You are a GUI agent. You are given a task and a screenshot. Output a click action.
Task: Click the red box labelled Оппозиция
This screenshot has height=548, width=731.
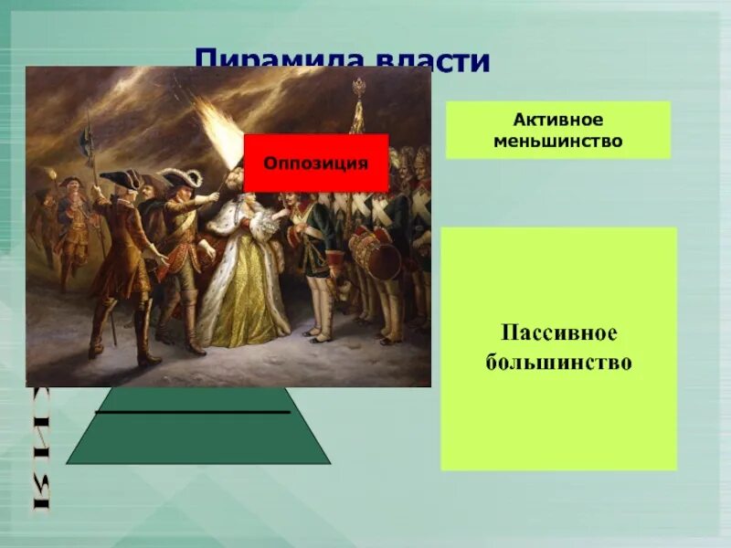click(x=316, y=163)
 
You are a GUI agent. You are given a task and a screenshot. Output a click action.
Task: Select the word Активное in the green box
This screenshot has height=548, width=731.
click(x=557, y=121)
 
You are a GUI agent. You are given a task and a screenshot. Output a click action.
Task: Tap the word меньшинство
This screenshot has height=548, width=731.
click(x=557, y=142)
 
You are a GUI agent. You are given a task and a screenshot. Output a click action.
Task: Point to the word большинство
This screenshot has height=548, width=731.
click(x=557, y=362)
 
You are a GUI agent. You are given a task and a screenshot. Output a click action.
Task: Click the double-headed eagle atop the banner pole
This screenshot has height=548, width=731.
click(x=358, y=89)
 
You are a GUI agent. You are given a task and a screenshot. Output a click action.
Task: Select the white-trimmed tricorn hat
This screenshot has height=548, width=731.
click(x=181, y=176)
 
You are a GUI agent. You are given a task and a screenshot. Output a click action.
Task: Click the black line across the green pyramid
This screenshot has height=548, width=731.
click(x=192, y=413)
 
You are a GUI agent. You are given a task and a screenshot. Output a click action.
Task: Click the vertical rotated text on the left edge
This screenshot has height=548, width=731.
click(x=40, y=448)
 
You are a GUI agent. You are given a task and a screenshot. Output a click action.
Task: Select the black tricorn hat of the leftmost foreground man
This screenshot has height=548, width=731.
click(x=121, y=180)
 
